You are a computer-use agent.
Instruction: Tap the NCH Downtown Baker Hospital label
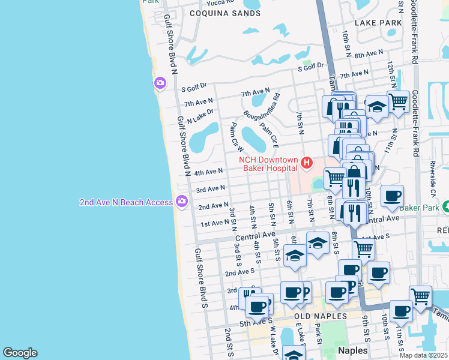point(268,164)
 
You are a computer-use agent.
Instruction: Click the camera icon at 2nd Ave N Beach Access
point(181,202)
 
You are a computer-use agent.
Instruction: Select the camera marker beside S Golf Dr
point(160,83)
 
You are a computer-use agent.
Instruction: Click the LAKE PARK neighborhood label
point(378,23)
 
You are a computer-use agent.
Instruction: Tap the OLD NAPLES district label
point(321,316)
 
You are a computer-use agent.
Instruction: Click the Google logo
point(20,353)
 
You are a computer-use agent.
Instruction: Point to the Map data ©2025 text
point(423,355)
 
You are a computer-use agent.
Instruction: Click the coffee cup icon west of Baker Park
point(392,196)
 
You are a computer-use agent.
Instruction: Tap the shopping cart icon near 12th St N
point(398,102)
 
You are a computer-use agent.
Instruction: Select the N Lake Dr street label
point(200,116)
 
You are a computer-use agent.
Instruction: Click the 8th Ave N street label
point(369,54)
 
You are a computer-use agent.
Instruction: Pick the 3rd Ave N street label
point(210,188)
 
